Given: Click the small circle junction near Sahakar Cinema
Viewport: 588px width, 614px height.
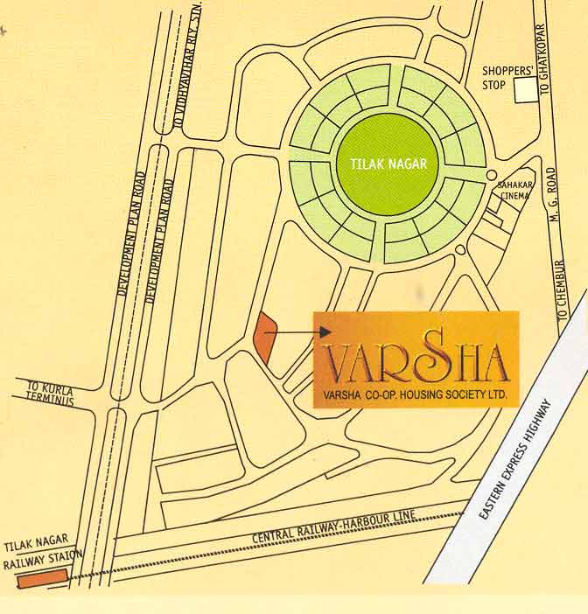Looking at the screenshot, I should (x=493, y=175).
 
